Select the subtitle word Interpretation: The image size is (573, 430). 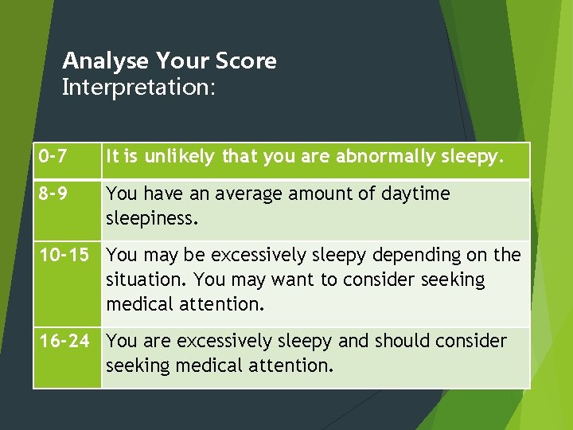[x=138, y=87]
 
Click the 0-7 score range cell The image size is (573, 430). [x=49, y=158]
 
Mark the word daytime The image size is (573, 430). [x=415, y=193]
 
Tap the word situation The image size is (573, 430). [x=146, y=280]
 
